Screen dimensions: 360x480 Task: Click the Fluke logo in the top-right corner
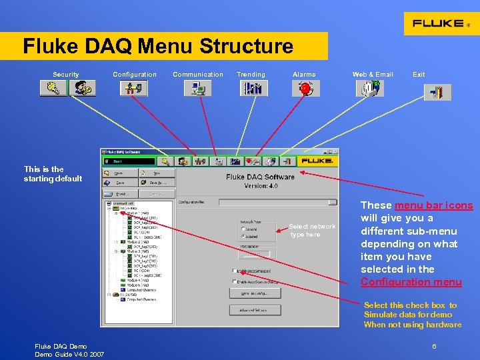coord(441,23)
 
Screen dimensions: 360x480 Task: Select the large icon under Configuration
coord(134,88)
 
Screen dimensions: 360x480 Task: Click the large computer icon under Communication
coord(197,88)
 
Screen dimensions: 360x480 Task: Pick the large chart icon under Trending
coord(251,88)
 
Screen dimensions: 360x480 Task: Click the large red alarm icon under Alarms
coord(305,88)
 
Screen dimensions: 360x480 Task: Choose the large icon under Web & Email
coord(371,88)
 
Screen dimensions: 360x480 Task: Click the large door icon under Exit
coord(437,92)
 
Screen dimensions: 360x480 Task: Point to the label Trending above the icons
coord(251,75)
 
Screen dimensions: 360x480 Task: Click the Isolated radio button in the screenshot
coord(243,235)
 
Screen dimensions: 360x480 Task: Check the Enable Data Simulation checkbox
coord(235,271)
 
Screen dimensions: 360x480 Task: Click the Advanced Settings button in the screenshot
coord(255,310)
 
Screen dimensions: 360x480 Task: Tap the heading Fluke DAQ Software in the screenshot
coord(260,177)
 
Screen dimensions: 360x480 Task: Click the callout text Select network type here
coord(311,231)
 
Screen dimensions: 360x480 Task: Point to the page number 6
coord(434,347)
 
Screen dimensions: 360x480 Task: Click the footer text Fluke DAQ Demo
coord(61,347)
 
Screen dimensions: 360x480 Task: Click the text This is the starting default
coord(53,174)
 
